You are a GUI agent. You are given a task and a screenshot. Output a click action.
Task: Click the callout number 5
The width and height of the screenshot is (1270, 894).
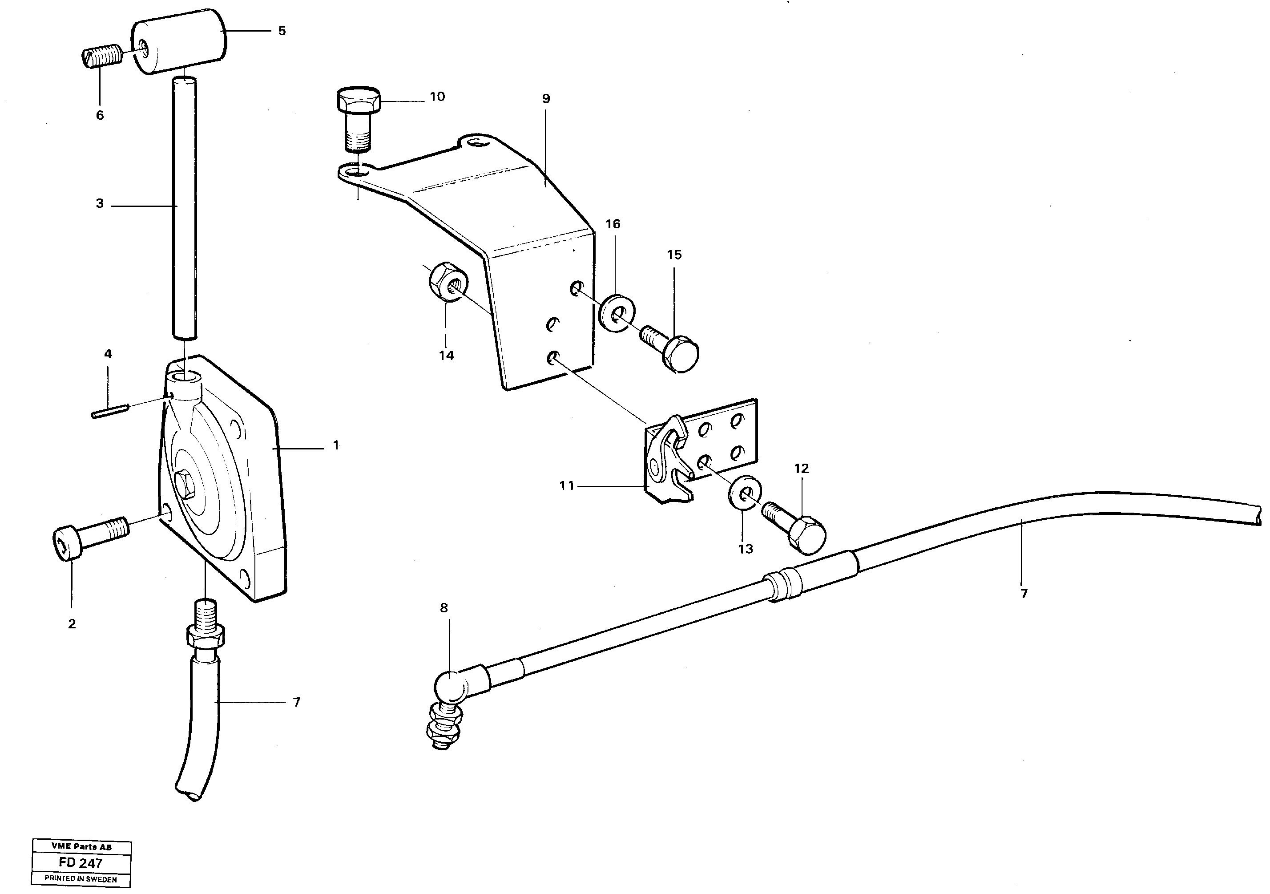(x=282, y=31)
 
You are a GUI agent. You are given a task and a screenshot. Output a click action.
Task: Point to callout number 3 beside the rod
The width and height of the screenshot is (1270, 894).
(x=100, y=203)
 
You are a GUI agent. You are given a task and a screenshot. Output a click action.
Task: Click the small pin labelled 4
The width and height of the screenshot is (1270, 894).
(x=110, y=412)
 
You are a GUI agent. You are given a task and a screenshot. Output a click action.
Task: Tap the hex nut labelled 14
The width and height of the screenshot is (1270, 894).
(x=448, y=282)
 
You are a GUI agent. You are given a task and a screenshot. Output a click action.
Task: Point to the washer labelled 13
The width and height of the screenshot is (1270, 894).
(x=744, y=490)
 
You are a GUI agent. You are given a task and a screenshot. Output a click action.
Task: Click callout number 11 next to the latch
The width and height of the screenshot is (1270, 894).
(x=567, y=486)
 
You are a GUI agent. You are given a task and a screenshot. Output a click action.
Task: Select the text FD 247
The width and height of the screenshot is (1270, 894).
(x=81, y=863)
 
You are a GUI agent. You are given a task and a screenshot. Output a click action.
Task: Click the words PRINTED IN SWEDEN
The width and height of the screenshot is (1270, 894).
(x=81, y=879)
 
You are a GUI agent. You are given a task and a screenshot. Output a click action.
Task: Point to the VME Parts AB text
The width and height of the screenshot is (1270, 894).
(x=81, y=847)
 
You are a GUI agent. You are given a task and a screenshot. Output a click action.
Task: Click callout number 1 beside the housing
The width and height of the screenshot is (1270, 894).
(x=336, y=445)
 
